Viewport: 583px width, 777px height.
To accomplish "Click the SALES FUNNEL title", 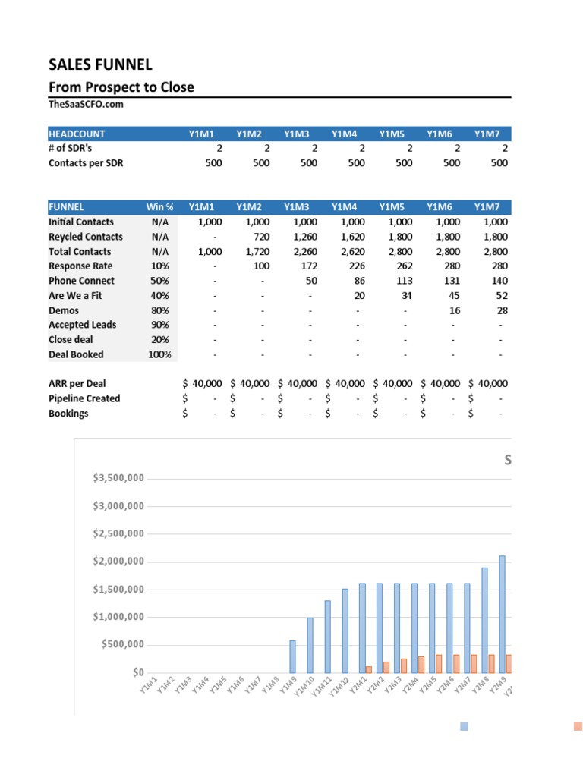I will [99, 64].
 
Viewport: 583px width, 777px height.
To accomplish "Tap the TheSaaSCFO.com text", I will [86, 105].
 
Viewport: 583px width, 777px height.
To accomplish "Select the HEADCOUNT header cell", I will [77, 134].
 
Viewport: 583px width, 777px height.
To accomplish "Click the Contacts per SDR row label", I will [86, 162].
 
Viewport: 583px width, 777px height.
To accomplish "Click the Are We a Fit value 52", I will [502, 295].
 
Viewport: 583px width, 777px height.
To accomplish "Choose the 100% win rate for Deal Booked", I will [159, 354].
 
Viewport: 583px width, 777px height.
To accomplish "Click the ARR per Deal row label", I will [77, 384].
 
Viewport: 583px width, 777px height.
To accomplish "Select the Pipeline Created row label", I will [84, 398].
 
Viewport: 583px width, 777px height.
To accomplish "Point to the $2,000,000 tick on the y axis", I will [118, 562].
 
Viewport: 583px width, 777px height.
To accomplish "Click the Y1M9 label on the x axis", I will [285, 685].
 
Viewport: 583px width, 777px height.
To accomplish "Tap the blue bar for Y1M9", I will [292, 656].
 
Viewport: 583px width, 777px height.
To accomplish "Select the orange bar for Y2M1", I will [369, 668].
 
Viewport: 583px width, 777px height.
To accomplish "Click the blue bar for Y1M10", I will [310, 644].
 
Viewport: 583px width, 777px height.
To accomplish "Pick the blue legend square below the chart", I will [465, 726].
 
